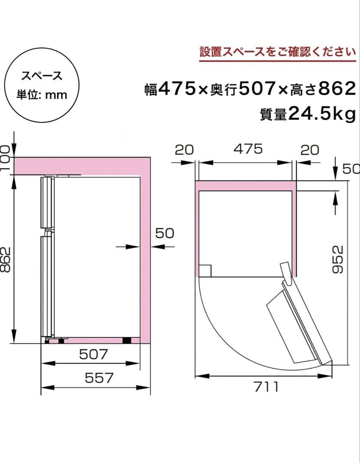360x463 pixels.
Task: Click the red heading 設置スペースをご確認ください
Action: [278, 52]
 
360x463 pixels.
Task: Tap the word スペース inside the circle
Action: [42, 76]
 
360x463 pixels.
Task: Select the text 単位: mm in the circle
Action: [42, 95]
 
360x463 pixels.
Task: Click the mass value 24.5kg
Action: [321, 114]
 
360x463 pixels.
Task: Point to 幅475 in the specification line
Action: [176, 89]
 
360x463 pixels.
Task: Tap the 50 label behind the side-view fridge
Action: [165, 233]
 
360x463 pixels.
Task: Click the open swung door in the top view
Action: [300, 322]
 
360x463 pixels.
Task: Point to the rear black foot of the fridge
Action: [127, 340]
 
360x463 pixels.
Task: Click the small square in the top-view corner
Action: [205, 271]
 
